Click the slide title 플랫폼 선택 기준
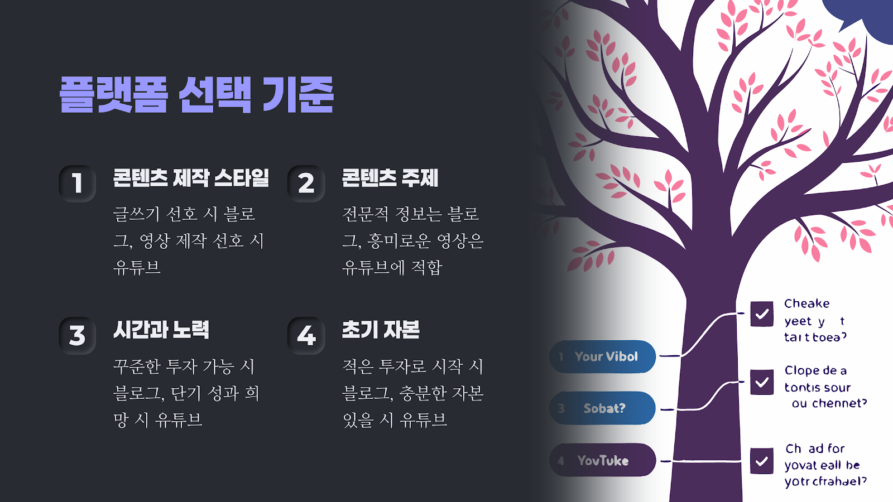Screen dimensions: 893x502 196,95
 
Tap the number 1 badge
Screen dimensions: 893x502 78,183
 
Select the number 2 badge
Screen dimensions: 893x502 306,183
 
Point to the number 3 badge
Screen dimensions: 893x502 78,335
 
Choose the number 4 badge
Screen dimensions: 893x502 306,335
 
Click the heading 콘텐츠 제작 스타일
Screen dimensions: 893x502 191,178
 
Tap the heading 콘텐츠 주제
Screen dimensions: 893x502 390,178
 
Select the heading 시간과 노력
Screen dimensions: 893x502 161,330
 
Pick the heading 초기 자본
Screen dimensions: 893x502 381,330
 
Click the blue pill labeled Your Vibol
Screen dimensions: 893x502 603,356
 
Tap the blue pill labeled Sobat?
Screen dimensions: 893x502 603,408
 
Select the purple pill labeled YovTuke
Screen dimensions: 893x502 603,460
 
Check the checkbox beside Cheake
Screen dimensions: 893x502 762,313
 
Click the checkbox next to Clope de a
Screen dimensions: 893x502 762,383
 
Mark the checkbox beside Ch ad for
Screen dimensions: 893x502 762,461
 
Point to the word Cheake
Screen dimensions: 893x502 806,303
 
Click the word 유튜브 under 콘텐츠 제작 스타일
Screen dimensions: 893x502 137,268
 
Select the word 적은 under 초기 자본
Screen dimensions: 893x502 358,366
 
